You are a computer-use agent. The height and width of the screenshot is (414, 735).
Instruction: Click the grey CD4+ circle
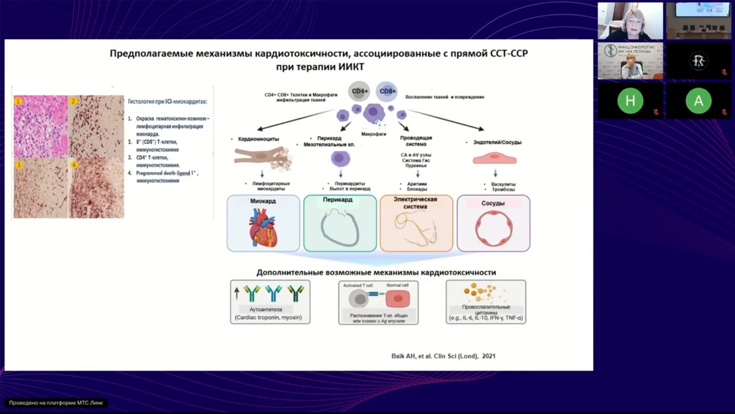point(360,91)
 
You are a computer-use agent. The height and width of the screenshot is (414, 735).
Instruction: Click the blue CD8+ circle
point(387,91)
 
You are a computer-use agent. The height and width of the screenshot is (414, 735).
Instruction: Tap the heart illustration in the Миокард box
point(262,228)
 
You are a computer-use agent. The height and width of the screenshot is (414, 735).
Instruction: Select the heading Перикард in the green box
point(338,200)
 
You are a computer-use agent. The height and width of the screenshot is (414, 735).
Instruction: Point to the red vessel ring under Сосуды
point(493,229)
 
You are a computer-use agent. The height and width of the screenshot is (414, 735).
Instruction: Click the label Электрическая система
point(415,203)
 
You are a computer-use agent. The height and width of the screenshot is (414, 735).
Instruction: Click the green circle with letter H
point(630,101)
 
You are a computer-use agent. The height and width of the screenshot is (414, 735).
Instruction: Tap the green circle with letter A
point(698,101)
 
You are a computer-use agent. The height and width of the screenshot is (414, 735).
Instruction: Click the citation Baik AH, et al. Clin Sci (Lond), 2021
point(443,356)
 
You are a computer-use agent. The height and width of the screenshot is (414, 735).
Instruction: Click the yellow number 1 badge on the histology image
point(18,101)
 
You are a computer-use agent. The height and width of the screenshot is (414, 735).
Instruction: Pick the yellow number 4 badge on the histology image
point(73,164)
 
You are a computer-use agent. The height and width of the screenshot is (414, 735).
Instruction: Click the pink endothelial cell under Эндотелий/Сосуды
point(494,159)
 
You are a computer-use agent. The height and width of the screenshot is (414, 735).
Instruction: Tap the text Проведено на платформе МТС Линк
point(56,403)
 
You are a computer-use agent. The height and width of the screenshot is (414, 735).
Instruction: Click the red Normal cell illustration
point(397,298)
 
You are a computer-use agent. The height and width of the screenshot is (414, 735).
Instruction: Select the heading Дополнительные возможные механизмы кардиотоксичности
point(376,272)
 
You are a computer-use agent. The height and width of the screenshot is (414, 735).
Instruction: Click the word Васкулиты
point(495,184)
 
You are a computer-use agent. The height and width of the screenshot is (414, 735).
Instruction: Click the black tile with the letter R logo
point(698,61)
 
